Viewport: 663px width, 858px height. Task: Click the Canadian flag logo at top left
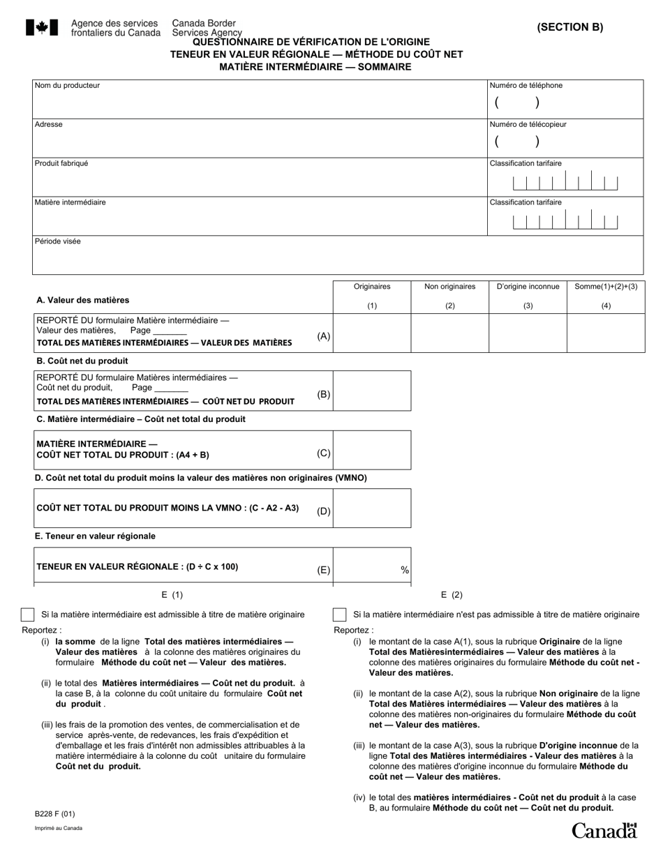pyautogui.click(x=42, y=28)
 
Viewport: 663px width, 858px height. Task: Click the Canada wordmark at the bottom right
pyautogui.click(x=604, y=830)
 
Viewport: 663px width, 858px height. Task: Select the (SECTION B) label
pyautogui.click(x=570, y=28)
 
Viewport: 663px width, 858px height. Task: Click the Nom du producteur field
pyautogui.click(x=260, y=103)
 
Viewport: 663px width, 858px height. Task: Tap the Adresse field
pyautogui.click(x=260, y=142)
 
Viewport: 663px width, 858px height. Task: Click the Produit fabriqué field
pyautogui.click(x=260, y=181)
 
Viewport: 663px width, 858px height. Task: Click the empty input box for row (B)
pyautogui.click(x=372, y=391)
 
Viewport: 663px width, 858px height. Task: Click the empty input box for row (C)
pyautogui.click(x=372, y=450)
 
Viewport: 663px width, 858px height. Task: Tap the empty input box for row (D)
pyautogui.click(x=372, y=509)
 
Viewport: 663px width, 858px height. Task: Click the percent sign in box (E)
pyautogui.click(x=405, y=571)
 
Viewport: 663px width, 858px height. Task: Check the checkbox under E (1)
pyautogui.click(x=27, y=615)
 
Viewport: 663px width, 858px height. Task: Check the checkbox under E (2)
pyautogui.click(x=340, y=615)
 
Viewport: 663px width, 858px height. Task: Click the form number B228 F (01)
pyautogui.click(x=55, y=814)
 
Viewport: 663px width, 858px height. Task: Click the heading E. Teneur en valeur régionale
pyautogui.click(x=96, y=536)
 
